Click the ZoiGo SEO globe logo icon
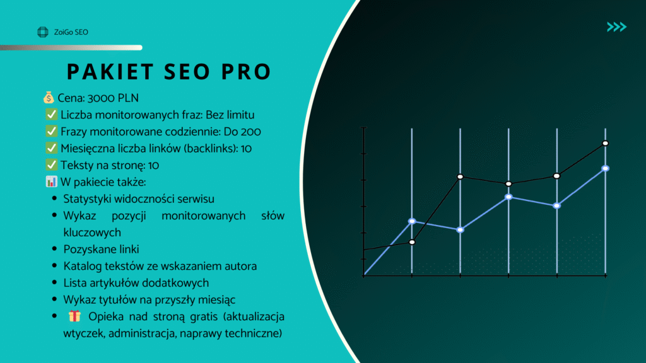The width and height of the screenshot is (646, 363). point(42,32)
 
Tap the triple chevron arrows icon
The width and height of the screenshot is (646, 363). point(616,27)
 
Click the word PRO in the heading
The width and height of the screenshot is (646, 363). point(246,72)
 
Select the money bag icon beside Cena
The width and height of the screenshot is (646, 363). point(49,98)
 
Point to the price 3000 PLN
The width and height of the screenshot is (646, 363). point(113,98)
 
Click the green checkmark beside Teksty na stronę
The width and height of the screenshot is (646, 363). point(52,164)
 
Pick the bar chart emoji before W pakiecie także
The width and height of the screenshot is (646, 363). point(52,181)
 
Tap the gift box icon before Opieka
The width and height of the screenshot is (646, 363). point(74,316)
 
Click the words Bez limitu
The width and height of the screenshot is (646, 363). point(230,115)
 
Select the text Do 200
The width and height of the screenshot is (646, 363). point(242,132)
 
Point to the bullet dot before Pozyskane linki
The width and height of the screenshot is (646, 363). point(54,248)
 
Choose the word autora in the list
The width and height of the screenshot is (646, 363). point(240,267)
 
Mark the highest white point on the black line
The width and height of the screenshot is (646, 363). point(605,143)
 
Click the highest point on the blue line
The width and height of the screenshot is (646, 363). point(605,168)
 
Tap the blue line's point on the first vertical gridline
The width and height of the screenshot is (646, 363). point(412,221)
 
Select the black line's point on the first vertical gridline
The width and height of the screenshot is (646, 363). point(412,242)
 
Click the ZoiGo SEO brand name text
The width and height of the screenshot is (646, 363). point(71,32)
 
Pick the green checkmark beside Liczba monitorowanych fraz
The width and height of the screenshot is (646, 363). point(52,115)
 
